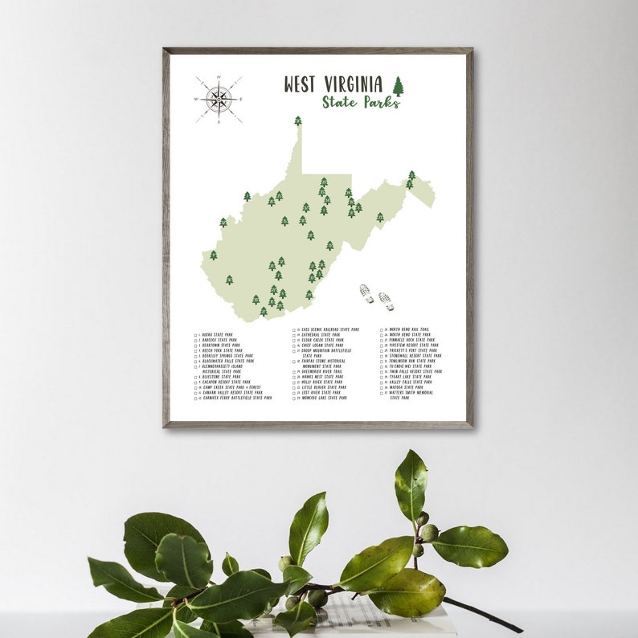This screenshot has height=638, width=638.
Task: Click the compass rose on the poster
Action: coord(219,99)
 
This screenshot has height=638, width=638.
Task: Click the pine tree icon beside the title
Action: coord(398,86)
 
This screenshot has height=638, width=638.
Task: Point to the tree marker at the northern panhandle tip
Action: coord(298,121)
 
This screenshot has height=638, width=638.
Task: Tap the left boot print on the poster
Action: coord(366,293)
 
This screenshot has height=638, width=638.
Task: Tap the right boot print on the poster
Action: coord(386,301)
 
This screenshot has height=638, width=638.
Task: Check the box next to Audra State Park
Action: coord(196,334)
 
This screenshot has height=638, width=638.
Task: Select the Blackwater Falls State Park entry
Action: coord(228,361)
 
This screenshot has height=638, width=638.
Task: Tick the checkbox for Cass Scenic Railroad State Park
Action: coord(295,329)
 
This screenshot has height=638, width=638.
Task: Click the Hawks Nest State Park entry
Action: coord(321,377)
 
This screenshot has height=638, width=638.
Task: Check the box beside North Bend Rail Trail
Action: coord(383,329)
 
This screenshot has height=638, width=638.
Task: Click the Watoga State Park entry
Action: coord(407,387)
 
